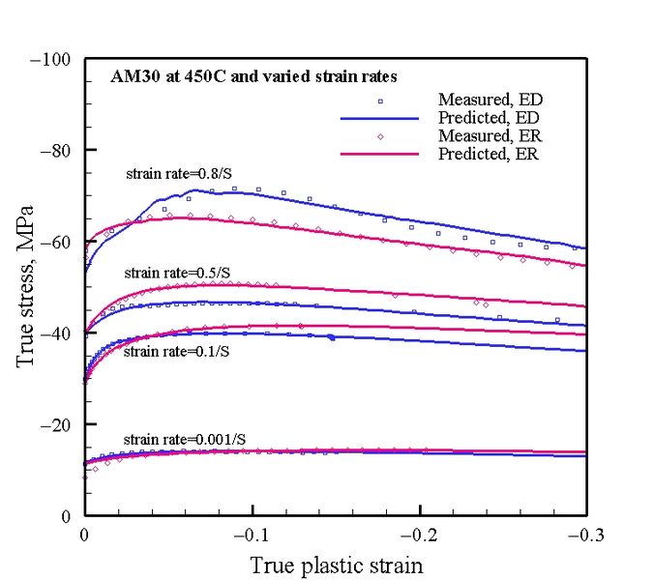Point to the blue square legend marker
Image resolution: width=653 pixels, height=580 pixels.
[380, 101]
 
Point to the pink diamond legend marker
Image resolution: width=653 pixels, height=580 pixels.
[380, 136]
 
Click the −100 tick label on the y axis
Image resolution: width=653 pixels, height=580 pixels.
[50, 60]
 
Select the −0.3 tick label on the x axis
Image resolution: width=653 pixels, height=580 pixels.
[585, 535]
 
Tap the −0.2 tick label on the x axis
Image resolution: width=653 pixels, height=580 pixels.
[419, 535]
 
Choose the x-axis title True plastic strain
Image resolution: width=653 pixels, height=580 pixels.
[336, 564]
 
